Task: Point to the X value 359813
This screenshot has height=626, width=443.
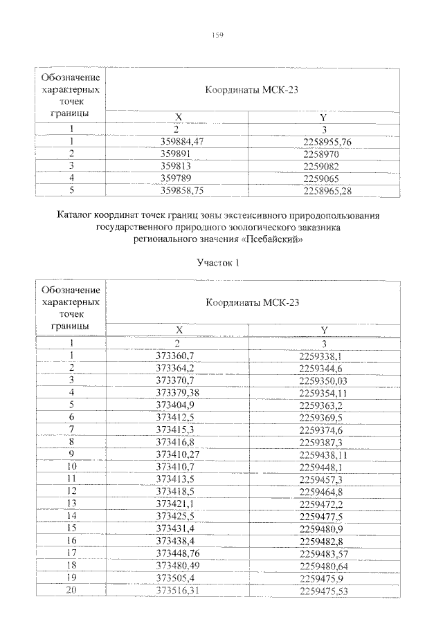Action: (x=176, y=166)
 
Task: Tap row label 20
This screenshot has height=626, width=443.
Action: (x=71, y=590)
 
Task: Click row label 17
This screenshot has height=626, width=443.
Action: (x=71, y=553)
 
